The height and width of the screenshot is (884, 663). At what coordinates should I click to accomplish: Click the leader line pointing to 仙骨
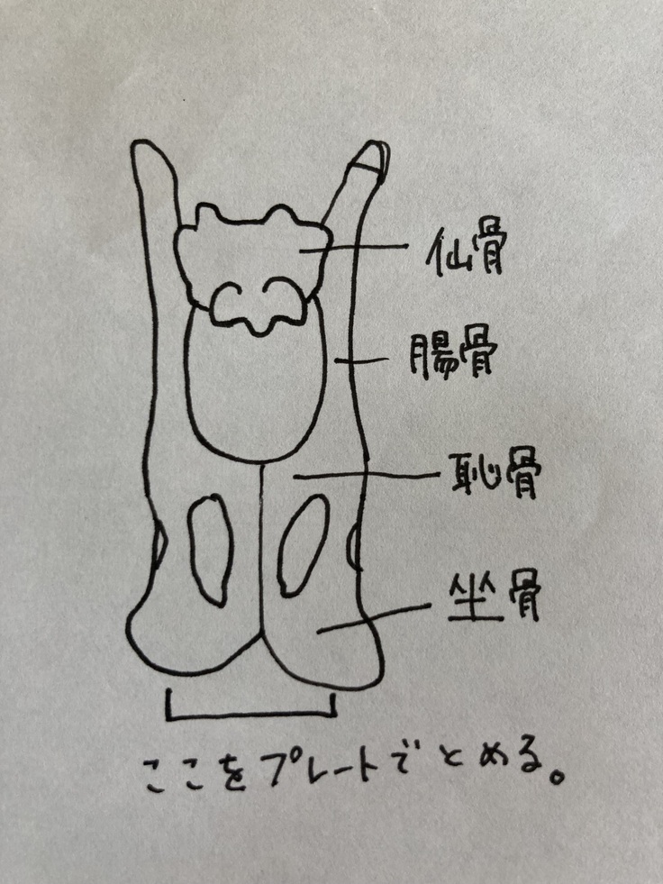[x=353, y=248]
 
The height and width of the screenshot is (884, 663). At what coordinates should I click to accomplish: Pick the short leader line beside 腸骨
[x=361, y=360]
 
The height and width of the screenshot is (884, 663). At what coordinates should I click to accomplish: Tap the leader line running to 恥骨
[x=367, y=477]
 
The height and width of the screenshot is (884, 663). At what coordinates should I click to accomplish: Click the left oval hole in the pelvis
[x=210, y=551]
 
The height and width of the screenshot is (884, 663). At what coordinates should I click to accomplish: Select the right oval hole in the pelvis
[x=303, y=545]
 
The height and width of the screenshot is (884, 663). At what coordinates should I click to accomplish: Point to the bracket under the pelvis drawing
[x=251, y=716]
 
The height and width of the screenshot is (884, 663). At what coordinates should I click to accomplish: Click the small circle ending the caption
[x=557, y=777]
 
